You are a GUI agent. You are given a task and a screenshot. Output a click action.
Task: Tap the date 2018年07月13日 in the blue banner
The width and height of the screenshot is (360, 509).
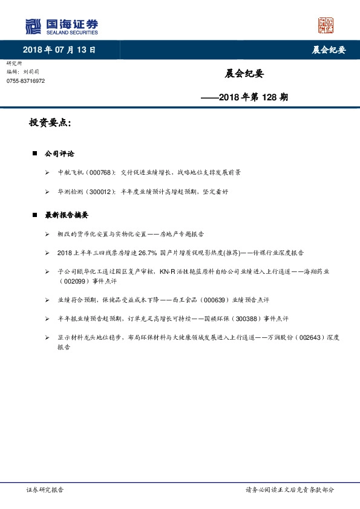(59, 50)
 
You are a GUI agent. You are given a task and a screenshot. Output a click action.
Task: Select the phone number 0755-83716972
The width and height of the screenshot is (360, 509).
(25, 80)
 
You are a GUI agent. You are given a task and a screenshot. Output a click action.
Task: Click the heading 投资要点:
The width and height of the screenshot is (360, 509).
(50, 123)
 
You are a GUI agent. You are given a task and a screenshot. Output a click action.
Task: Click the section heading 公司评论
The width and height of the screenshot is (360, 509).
(60, 154)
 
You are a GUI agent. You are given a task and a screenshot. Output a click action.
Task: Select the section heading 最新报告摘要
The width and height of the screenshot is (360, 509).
(67, 215)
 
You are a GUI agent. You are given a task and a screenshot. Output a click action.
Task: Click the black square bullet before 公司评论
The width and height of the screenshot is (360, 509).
(35, 154)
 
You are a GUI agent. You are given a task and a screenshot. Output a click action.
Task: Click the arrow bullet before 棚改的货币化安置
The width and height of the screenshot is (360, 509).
(47, 233)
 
